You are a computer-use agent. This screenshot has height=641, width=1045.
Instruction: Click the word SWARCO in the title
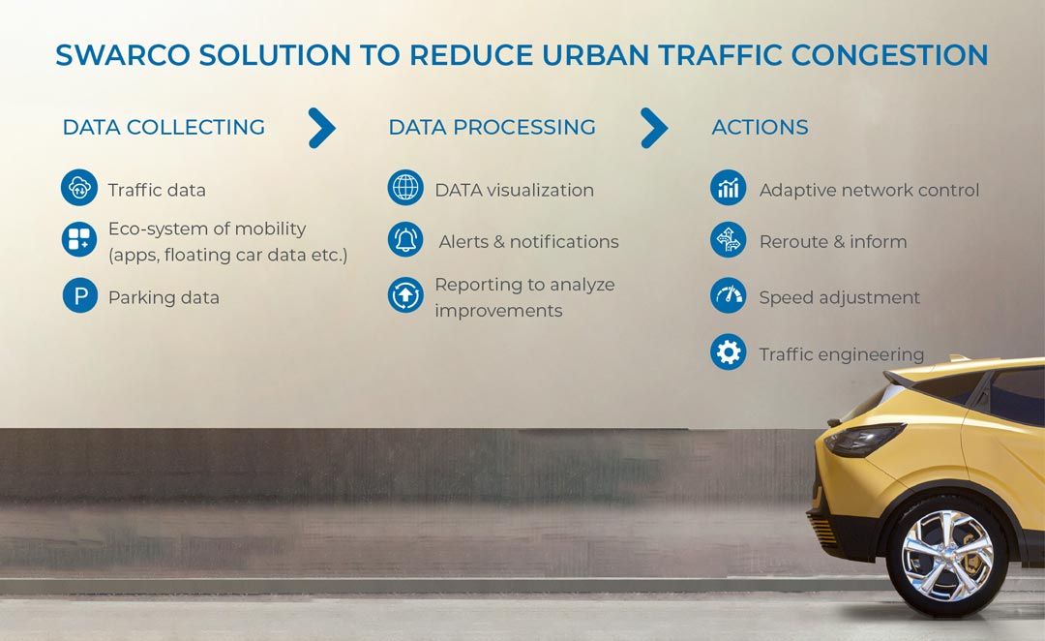click(123, 54)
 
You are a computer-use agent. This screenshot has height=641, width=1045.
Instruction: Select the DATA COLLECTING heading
click(164, 127)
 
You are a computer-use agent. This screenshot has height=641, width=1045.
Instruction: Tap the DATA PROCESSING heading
click(492, 127)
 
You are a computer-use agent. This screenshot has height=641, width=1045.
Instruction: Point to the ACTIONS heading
click(760, 127)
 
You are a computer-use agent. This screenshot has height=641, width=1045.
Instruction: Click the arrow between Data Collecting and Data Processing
click(323, 128)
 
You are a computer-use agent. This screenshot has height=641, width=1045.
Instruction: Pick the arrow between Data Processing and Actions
click(655, 128)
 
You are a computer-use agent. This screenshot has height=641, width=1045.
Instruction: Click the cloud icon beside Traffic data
click(79, 188)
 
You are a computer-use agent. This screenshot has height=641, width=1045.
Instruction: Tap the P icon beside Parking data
click(80, 295)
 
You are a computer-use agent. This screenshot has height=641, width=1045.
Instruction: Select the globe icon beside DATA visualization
click(405, 187)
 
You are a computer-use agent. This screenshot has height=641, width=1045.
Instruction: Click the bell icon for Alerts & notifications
click(405, 239)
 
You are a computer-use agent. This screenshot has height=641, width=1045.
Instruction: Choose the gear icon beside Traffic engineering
click(728, 351)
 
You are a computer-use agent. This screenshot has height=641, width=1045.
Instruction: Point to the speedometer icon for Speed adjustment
click(728, 295)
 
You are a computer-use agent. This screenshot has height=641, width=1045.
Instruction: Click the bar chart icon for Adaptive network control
click(728, 188)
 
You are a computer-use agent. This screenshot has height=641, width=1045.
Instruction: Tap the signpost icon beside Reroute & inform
click(728, 239)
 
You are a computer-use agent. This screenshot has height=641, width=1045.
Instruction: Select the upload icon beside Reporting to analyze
click(405, 294)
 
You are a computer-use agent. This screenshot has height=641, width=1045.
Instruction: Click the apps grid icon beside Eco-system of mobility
click(79, 239)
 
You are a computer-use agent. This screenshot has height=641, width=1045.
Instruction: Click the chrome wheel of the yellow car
click(947, 556)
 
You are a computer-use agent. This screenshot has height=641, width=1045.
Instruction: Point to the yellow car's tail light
click(864, 439)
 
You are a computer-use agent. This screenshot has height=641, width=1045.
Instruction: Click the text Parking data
click(164, 297)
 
